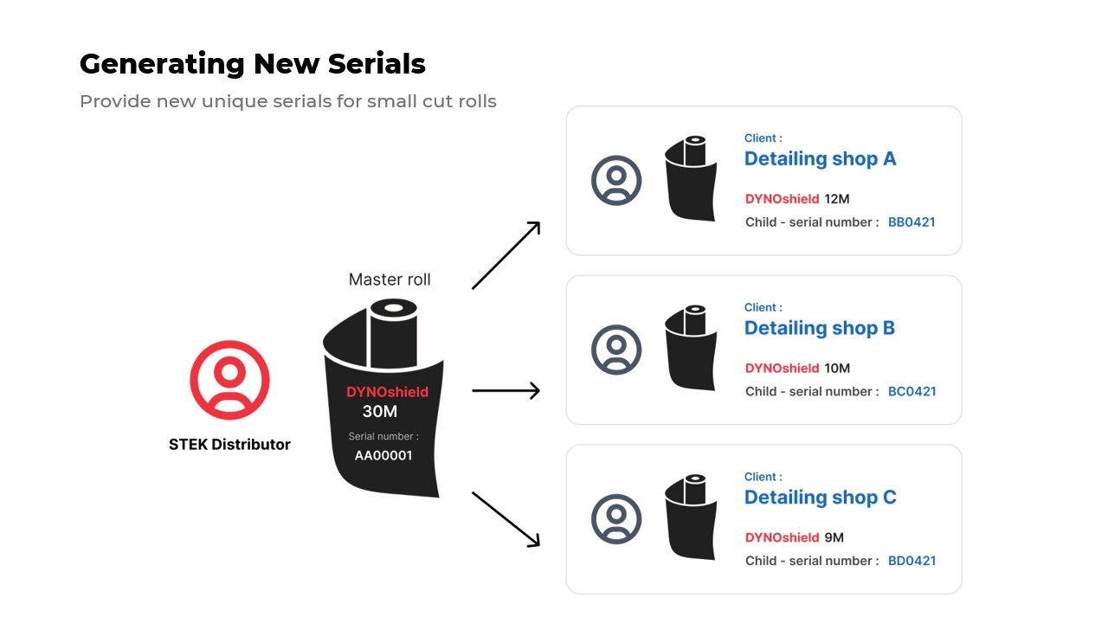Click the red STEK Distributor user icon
point(229,380)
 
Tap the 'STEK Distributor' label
point(229,445)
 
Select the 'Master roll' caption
point(390,279)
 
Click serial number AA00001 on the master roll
point(383,456)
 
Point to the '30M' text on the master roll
point(380,412)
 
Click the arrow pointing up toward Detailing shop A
point(506,255)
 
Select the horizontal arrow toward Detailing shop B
point(506,391)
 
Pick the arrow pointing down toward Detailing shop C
point(506,519)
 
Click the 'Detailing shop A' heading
point(820,159)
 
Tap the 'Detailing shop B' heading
point(820,329)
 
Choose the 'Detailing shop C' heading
point(820,498)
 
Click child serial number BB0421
point(912,222)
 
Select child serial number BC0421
point(912,392)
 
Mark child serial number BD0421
point(912,561)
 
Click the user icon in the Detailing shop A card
point(616,181)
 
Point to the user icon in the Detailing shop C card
point(616,519)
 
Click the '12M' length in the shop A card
point(837,199)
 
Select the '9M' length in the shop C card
point(834,537)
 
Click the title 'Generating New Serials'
point(253,64)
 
